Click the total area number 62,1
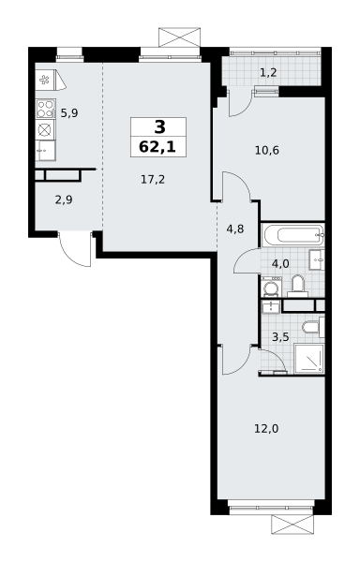click(157, 147)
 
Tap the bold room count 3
click(159, 126)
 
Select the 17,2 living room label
click(153, 179)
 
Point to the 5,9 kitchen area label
click(69, 113)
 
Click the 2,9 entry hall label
click(64, 200)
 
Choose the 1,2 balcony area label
click(268, 73)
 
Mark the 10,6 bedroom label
click(267, 150)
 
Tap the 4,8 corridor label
click(235, 229)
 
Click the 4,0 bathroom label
click(280, 264)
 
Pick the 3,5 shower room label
click(280, 337)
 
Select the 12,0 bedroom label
click(266, 428)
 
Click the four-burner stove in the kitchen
click(46, 109)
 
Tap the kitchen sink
click(46, 151)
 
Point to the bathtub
click(292, 235)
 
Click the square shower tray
click(308, 359)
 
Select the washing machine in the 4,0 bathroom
click(271, 288)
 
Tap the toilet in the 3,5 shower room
click(313, 327)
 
